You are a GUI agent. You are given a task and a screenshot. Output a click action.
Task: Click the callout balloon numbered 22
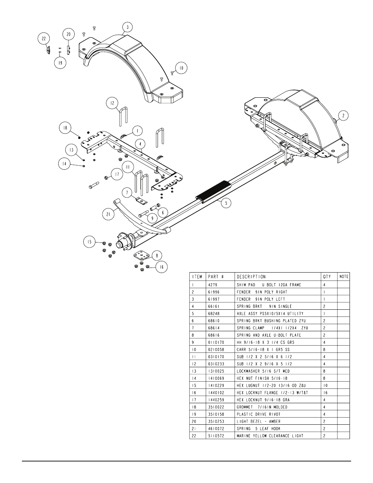43,39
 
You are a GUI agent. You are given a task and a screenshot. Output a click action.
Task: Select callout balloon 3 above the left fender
127,27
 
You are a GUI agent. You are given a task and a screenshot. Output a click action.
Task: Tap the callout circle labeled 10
181,68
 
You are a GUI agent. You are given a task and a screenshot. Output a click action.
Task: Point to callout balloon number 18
65,128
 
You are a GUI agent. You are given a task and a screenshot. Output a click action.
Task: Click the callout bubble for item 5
226,203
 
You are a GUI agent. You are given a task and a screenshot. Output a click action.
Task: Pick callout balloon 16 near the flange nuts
161,267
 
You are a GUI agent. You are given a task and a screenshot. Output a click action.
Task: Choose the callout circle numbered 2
343,116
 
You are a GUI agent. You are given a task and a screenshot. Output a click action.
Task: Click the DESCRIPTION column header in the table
251,277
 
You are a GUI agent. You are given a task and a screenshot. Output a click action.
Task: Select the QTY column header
327,277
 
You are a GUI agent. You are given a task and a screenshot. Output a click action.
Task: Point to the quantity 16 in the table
325,393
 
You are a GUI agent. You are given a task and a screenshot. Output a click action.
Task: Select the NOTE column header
344,277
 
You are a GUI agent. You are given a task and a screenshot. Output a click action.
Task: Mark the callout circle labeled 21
108,214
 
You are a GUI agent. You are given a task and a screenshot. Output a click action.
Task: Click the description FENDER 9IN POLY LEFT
261,299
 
